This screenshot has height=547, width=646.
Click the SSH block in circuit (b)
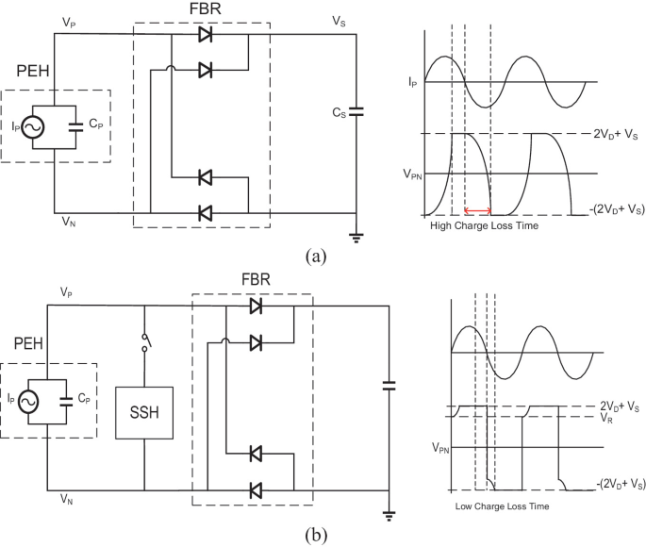(x=144, y=411)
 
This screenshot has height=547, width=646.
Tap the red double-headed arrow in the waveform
(x=478, y=210)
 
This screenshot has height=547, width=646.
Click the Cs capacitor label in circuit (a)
(x=339, y=112)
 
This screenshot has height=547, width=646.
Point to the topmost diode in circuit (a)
(x=205, y=36)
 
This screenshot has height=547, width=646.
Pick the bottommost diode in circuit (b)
(x=255, y=489)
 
